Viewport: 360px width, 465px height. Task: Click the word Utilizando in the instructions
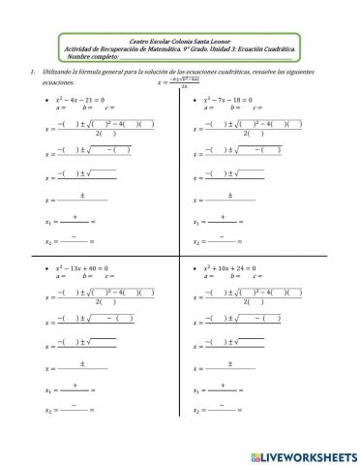(x=59, y=72)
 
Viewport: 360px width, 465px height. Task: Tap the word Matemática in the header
(x=180, y=49)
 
